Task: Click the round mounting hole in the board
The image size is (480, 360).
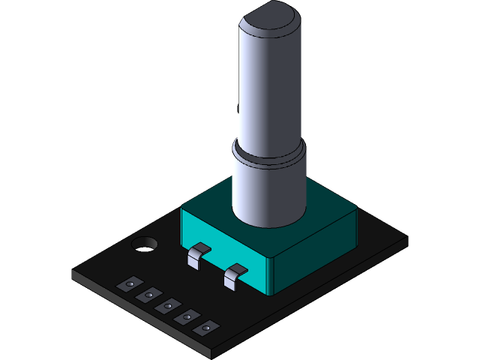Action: pyautogui.click(x=144, y=244)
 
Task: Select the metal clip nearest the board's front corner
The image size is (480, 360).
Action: pyautogui.click(x=235, y=275)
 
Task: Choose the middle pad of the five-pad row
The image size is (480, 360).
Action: pyautogui.click(x=167, y=304)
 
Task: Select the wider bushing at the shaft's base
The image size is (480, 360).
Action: pyautogui.click(x=268, y=191)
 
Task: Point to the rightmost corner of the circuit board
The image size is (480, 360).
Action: pyautogui.click(x=406, y=240)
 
